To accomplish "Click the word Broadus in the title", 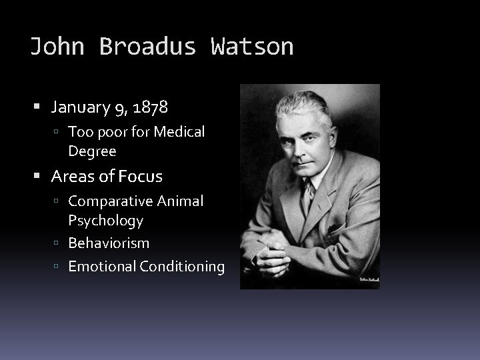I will (x=148, y=47).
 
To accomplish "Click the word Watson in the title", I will (x=252, y=47).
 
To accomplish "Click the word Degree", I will (x=92, y=151).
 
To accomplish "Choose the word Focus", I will (x=142, y=177).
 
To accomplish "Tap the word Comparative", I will (x=110, y=201).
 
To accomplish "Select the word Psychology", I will (x=105, y=220).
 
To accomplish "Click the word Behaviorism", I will (x=109, y=243).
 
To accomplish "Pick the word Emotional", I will (x=102, y=267).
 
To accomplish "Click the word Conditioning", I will (x=182, y=267).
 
